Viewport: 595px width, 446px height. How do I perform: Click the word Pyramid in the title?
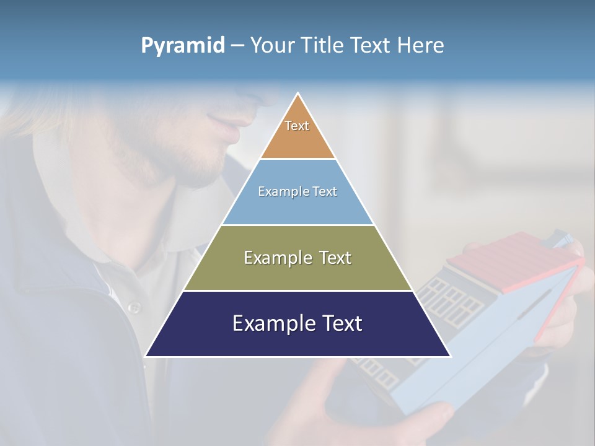(x=182, y=46)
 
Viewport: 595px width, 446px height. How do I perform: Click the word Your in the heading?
(x=272, y=45)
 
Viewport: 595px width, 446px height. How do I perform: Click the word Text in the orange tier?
(x=297, y=126)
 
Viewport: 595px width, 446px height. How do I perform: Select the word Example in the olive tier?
(x=276, y=258)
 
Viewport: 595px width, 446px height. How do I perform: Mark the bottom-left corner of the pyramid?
(x=146, y=356)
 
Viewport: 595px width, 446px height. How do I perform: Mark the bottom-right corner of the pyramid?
(x=449, y=356)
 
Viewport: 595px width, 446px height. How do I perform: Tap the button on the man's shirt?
(x=133, y=307)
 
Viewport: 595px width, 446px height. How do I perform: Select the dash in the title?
(x=237, y=46)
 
